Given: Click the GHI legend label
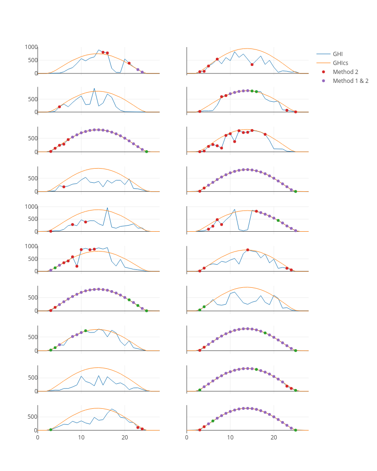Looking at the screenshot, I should tap(338, 54).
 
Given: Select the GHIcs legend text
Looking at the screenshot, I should tap(340, 63).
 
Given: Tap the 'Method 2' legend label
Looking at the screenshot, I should tap(345, 72).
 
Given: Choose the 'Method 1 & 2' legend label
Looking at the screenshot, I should tap(350, 81).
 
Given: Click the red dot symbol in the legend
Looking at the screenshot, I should tap(323, 72).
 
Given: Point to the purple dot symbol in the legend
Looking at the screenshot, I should tap(323, 81).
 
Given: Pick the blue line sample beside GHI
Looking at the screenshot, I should tap(323, 54).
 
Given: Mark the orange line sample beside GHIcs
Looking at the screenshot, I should tap(323, 63).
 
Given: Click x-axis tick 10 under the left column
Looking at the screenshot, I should tap(81, 438).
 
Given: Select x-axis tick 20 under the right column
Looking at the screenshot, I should tap(274, 438).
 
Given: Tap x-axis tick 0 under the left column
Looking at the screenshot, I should tap(38, 438).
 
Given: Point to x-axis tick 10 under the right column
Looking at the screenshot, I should tap(230, 438).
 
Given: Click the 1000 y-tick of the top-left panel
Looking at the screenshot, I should tap(31, 47).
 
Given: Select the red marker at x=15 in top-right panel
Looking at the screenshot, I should tap(252, 65).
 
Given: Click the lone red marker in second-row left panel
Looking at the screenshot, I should tap(59, 107).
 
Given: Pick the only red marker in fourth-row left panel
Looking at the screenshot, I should tap(64, 187).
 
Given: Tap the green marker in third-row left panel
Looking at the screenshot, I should tap(146, 152).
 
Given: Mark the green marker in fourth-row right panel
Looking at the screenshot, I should tap(295, 191).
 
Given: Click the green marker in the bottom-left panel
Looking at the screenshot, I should tap(50, 430).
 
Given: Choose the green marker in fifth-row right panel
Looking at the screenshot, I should tap(278, 220).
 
